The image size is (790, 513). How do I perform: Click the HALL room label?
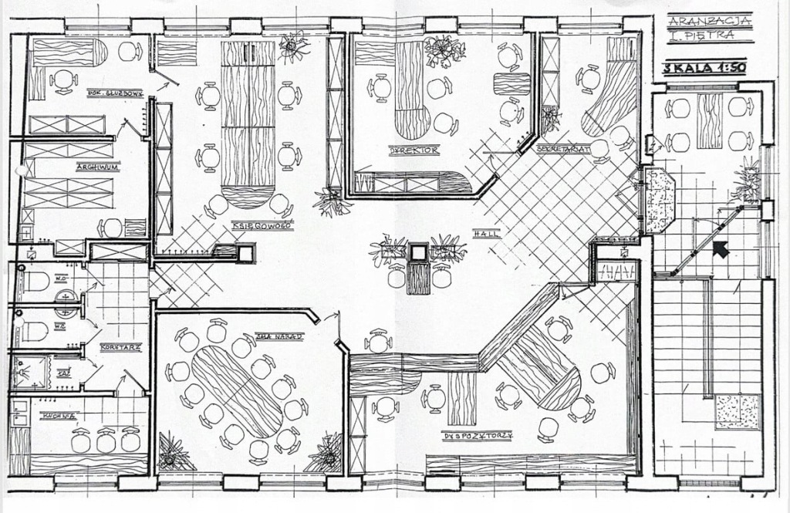(488, 233)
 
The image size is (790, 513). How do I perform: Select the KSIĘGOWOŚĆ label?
(261, 225)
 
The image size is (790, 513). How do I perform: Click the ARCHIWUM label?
(96, 167)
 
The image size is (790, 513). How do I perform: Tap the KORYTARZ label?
(120, 348)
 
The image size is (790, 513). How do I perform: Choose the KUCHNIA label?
(59, 416)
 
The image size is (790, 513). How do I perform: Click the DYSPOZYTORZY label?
(478, 436)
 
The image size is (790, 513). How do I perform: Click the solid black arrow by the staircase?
(722, 249)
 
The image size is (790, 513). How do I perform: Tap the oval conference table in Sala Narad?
(237, 391)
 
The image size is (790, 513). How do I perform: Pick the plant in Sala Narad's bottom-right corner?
(326, 453)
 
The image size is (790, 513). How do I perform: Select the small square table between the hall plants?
(418, 252)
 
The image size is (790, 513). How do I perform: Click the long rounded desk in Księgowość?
(248, 123)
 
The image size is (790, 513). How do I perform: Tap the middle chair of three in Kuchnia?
(105, 440)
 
